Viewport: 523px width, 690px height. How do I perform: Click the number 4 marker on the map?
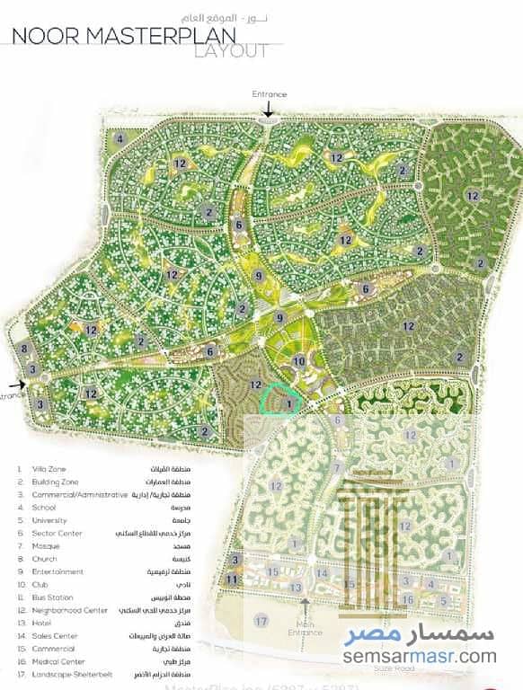click(120, 138)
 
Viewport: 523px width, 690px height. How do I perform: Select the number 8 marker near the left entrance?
click(25, 349)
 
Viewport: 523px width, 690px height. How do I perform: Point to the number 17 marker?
click(261, 621)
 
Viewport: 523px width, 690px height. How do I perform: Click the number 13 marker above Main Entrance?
click(296, 587)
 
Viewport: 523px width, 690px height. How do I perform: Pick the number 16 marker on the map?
click(408, 599)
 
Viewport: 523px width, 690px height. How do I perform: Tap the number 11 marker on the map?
click(232, 579)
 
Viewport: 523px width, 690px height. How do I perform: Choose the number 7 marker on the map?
click(337, 467)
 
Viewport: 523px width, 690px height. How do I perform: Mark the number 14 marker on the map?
click(321, 573)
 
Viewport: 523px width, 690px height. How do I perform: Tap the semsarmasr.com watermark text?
click(419, 657)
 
